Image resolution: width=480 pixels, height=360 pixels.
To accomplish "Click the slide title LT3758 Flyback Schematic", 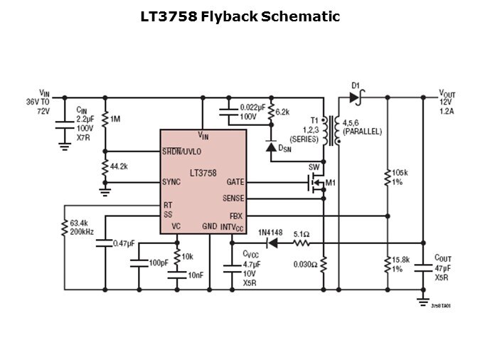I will [240, 16].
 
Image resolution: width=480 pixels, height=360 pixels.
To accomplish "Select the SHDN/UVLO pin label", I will [181, 152].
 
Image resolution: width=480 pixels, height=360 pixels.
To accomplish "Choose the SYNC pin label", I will [171, 182].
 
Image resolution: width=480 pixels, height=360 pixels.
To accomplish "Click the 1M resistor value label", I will [115, 119].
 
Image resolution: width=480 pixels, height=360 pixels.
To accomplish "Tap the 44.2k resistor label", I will [119, 166].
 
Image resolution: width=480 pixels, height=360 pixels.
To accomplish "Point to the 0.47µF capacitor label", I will [124, 243].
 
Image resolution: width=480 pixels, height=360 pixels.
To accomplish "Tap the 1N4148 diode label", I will [271, 233].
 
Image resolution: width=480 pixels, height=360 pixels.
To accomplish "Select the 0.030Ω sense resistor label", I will [305, 265].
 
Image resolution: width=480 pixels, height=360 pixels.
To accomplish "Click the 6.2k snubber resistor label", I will [282, 112].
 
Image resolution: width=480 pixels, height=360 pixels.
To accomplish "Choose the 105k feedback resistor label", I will [400, 172].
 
